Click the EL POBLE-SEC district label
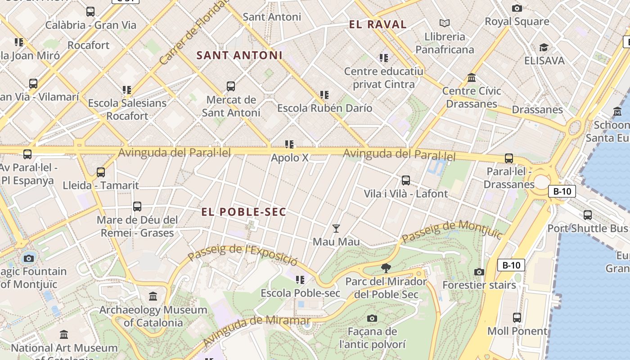243,212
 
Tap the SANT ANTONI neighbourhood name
239,55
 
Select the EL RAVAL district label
378,24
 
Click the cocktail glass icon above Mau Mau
336,229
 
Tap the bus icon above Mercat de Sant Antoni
231,86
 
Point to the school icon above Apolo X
289,144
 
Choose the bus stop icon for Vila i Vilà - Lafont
406,180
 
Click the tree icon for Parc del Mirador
386,268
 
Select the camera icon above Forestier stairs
479,272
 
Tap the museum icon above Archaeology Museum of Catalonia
153,297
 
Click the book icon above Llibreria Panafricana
445,23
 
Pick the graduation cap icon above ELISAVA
544,47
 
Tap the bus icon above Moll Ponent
517,318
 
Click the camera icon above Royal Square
517,8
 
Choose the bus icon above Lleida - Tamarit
101,172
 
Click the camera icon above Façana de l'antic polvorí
372,319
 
